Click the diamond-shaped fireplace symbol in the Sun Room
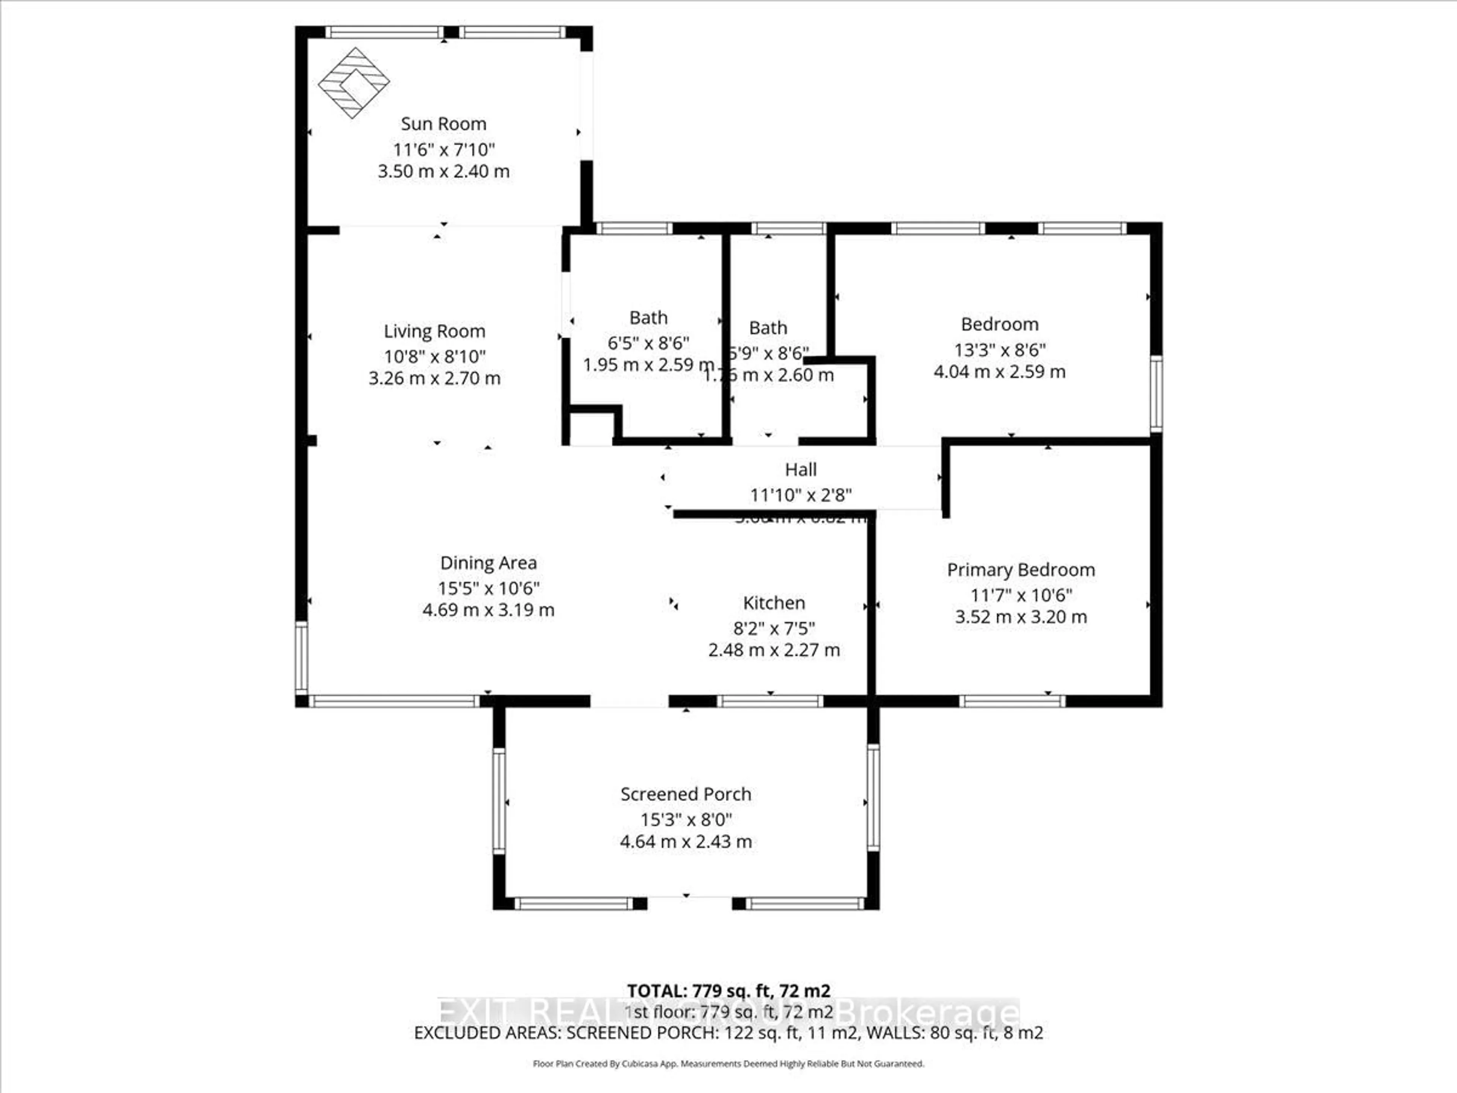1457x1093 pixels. point(354,83)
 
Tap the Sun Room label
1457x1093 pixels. point(443,124)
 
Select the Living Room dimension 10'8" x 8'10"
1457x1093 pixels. point(435,356)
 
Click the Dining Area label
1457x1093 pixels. point(488,563)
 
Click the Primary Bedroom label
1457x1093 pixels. point(1020,570)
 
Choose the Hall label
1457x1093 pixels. point(800,470)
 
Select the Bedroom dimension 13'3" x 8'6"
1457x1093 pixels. point(999,350)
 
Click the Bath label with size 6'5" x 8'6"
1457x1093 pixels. point(648,318)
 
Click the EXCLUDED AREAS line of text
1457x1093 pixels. point(728,1033)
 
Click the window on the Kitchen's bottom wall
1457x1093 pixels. point(769,701)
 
